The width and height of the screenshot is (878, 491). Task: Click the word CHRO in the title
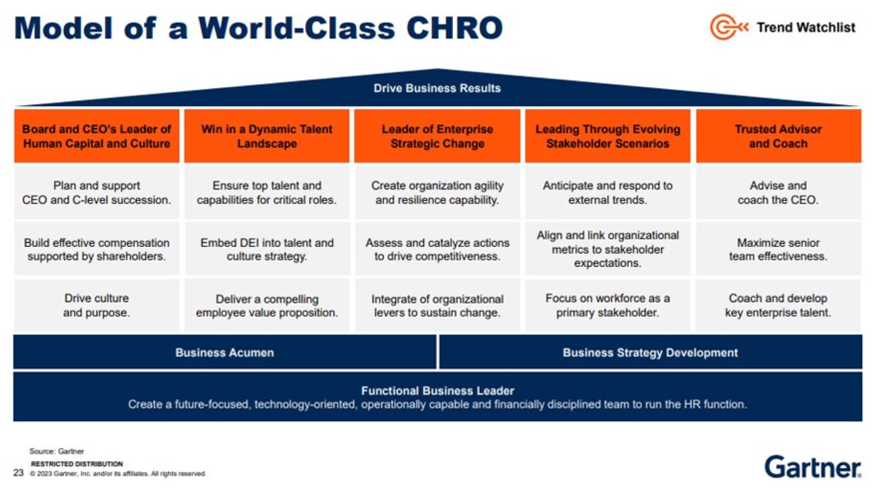(x=454, y=28)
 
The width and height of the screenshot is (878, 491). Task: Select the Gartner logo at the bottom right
(x=813, y=467)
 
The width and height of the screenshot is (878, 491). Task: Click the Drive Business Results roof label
(x=437, y=88)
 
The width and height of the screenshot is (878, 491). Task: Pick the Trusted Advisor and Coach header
(x=778, y=136)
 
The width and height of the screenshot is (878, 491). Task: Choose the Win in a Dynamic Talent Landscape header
(x=267, y=136)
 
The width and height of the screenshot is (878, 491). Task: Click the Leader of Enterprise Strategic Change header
(x=437, y=136)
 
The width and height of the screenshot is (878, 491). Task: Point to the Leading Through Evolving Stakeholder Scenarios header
(x=608, y=136)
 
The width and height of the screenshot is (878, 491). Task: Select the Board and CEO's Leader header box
(x=97, y=136)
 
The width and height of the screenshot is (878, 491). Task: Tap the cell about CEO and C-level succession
(x=97, y=192)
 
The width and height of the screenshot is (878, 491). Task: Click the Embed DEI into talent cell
(x=267, y=249)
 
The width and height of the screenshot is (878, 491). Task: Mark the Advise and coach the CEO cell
(x=778, y=192)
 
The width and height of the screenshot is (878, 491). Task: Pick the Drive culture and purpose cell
(x=97, y=305)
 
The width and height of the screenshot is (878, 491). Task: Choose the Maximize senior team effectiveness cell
(x=778, y=249)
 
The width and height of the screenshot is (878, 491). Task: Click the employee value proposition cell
(x=267, y=305)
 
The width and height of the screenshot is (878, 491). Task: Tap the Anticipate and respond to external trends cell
(x=608, y=192)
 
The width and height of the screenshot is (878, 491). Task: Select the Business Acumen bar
(x=225, y=352)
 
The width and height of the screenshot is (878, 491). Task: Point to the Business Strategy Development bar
(x=651, y=352)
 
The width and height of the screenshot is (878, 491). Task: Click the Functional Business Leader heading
(x=437, y=391)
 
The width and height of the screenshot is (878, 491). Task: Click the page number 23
(x=18, y=473)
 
